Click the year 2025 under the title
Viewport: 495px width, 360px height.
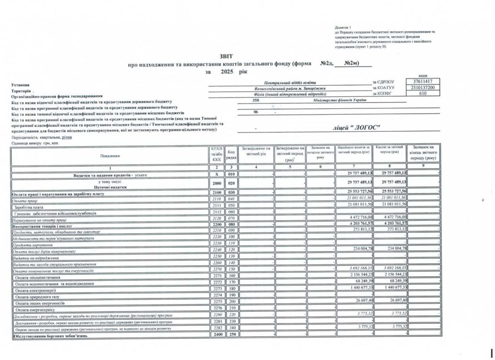227,72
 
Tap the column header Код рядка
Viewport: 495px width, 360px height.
231,155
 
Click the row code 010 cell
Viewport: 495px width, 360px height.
231,173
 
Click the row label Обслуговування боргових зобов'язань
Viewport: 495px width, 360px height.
50,335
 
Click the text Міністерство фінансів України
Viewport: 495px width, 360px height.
339,100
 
